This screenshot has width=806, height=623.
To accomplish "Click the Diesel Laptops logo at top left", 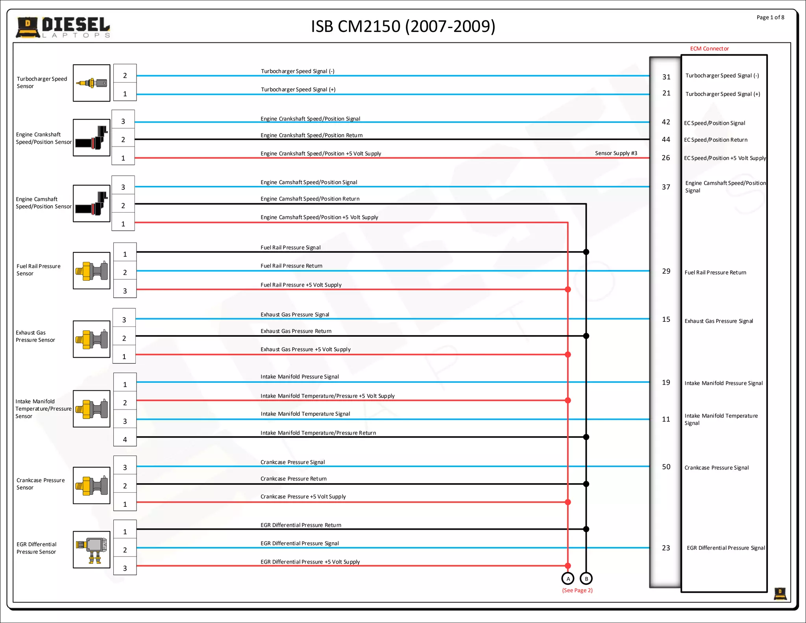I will click(63, 27).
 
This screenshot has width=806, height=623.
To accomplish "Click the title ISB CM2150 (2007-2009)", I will click(403, 26).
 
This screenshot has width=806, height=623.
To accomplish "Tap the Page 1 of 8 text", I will click(770, 17).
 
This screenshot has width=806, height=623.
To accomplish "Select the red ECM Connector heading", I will click(709, 48).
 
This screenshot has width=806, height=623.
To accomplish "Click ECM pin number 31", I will click(666, 77).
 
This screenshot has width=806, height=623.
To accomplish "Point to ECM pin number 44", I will click(666, 139).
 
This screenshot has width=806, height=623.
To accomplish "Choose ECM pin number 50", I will click(666, 467).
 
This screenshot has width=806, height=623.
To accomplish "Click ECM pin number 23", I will click(666, 548).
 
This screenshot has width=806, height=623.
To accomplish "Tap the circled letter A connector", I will click(568, 578).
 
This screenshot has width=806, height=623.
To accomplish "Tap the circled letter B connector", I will click(586, 578).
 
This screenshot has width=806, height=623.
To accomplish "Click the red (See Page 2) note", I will click(577, 590).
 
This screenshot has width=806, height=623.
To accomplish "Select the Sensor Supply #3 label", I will click(616, 153).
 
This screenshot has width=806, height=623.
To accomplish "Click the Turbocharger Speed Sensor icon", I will click(92, 83).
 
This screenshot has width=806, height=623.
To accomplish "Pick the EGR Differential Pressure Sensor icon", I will click(92, 549).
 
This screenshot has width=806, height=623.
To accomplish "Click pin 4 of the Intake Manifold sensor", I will click(125, 439).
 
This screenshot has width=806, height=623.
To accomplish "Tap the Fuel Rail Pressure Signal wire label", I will click(290, 247).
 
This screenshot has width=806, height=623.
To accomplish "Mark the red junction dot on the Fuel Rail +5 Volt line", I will click(568, 289).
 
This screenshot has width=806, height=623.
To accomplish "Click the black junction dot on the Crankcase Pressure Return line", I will click(586, 484).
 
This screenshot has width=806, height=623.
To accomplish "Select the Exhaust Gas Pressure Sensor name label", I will click(35, 336).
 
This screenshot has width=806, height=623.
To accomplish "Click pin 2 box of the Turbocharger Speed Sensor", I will click(125, 75).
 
